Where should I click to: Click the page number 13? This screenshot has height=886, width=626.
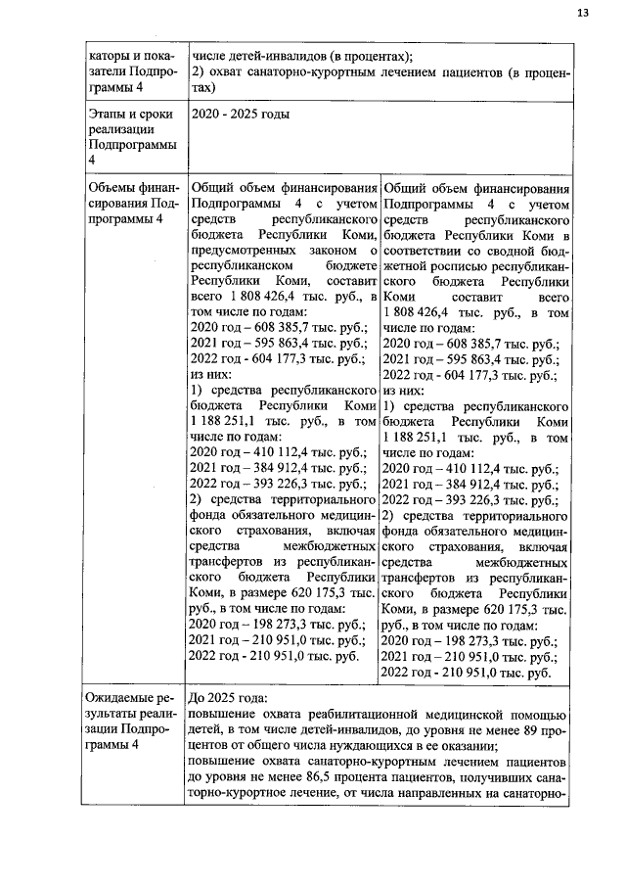(x=583, y=13)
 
